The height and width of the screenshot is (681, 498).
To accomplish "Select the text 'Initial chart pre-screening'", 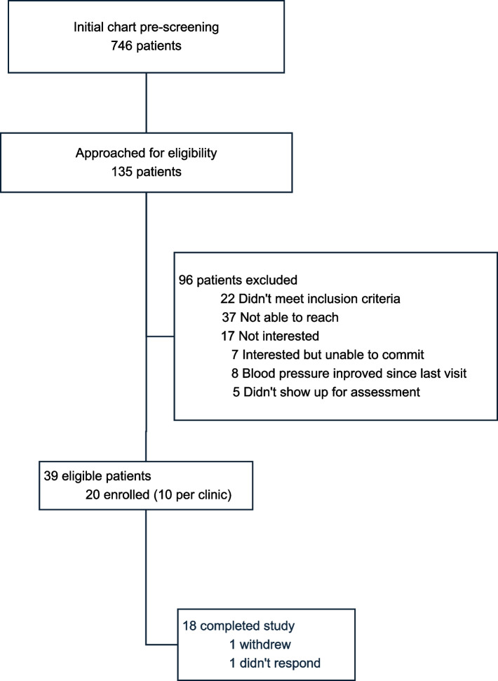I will pyautogui.click(x=146, y=27).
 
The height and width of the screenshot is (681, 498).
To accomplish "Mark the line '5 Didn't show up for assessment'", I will pyautogui.click(x=327, y=392).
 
